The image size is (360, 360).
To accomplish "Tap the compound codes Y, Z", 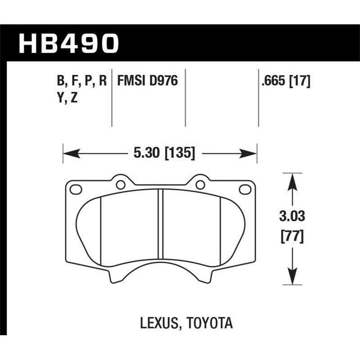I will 67,98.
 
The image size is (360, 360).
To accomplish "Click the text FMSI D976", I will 148,81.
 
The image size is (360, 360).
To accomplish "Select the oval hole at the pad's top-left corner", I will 76,189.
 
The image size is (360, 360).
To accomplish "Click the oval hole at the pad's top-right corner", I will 245,189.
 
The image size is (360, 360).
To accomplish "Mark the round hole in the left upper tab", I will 120,184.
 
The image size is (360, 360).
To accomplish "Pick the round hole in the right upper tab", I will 200,184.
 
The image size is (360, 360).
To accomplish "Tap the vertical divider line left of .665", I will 258,98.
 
